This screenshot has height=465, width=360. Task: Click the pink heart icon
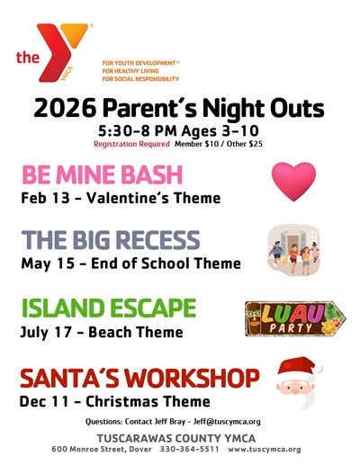293,182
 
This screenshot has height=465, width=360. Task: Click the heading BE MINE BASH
103,174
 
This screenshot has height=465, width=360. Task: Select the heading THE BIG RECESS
111,240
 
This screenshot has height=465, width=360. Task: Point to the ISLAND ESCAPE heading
109,308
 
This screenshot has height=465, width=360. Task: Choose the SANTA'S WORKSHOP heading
139,378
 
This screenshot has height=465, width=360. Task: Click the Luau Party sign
295,318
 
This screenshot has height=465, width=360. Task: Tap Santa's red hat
299,366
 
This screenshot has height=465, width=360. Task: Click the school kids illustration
293,250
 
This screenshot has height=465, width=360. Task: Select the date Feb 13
45,198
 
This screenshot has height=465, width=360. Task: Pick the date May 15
48,264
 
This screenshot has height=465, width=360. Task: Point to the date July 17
46,332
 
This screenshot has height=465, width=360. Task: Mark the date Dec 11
44,401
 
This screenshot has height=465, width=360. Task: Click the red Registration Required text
131,144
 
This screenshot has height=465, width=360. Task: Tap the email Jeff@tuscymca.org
227,422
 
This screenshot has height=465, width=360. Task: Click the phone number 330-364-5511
190,449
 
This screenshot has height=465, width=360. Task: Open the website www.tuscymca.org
265,450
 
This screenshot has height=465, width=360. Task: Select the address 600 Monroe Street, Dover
102,449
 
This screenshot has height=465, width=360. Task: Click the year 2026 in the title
65,108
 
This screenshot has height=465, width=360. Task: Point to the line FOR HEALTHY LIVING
130,71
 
